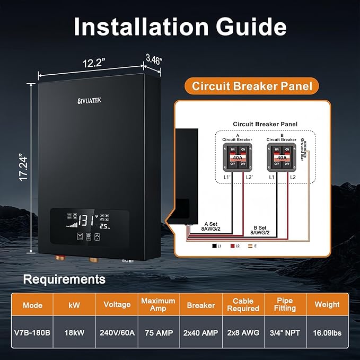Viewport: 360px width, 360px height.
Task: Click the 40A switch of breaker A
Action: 237,157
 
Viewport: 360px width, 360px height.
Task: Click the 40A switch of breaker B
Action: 281,157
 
